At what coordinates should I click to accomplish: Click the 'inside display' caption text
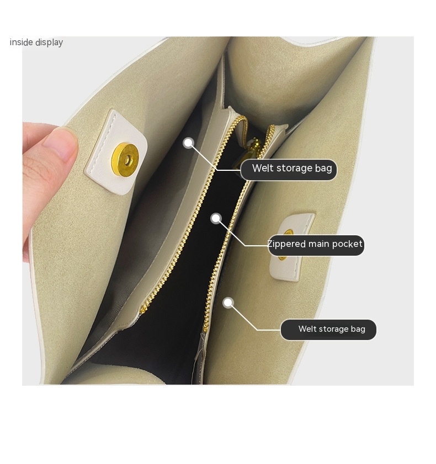coord(36,42)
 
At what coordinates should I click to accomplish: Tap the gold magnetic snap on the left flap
coord(125,160)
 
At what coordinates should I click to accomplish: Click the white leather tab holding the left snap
coord(116,153)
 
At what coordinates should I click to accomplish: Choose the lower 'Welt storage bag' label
coord(328,330)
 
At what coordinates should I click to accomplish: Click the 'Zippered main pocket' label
coord(316,245)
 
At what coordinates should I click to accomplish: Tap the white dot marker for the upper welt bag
coord(189,143)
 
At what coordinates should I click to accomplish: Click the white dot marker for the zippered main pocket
coord(216,219)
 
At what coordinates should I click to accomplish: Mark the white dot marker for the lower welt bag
coord(228,303)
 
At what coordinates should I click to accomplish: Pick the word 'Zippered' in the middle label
coord(286,245)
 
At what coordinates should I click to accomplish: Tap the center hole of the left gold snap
coord(127,160)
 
